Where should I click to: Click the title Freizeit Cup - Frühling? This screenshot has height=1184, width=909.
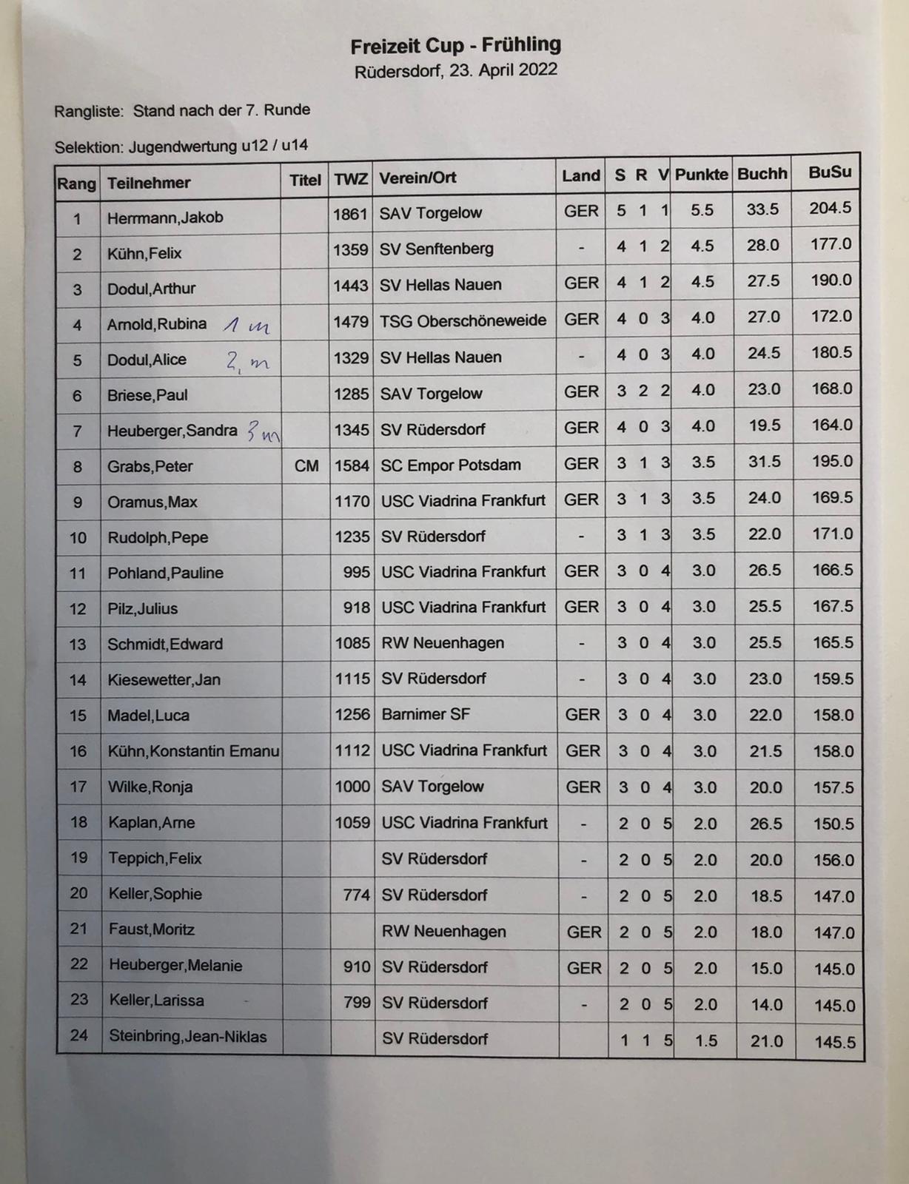pyautogui.click(x=455, y=46)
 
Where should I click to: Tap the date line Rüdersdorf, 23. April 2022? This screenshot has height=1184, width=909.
pyautogui.click(x=455, y=71)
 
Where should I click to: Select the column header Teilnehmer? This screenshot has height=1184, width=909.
pyautogui.click(x=149, y=183)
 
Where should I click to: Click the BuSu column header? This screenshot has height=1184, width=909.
pyautogui.click(x=830, y=172)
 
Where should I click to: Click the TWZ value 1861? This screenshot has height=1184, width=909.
pyautogui.click(x=350, y=215)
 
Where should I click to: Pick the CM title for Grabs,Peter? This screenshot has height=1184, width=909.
pyautogui.click(x=306, y=466)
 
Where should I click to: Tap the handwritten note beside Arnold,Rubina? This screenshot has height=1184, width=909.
pyautogui.click(x=246, y=325)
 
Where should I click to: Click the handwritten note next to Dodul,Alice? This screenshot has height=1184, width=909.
pyautogui.click(x=248, y=361)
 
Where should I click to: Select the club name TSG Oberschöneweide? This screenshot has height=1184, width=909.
pyautogui.click(x=463, y=321)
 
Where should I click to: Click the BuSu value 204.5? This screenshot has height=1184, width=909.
pyautogui.click(x=830, y=209)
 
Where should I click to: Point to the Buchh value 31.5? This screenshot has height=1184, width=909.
pyautogui.click(x=764, y=462)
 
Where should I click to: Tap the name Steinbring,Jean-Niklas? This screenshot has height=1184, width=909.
pyautogui.click(x=188, y=1037)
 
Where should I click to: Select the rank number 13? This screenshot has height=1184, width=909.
pyautogui.click(x=78, y=645)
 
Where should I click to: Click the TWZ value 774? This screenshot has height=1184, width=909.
pyautogui.click(x=356, y=895)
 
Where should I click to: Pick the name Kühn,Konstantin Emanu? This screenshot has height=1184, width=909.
pyautogui.click(x=193, y=752)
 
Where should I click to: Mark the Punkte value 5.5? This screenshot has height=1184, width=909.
pyautogui.click(x=702, y=211)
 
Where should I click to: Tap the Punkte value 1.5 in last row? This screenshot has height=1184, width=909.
pyautogui.click(x=706, y=1041)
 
